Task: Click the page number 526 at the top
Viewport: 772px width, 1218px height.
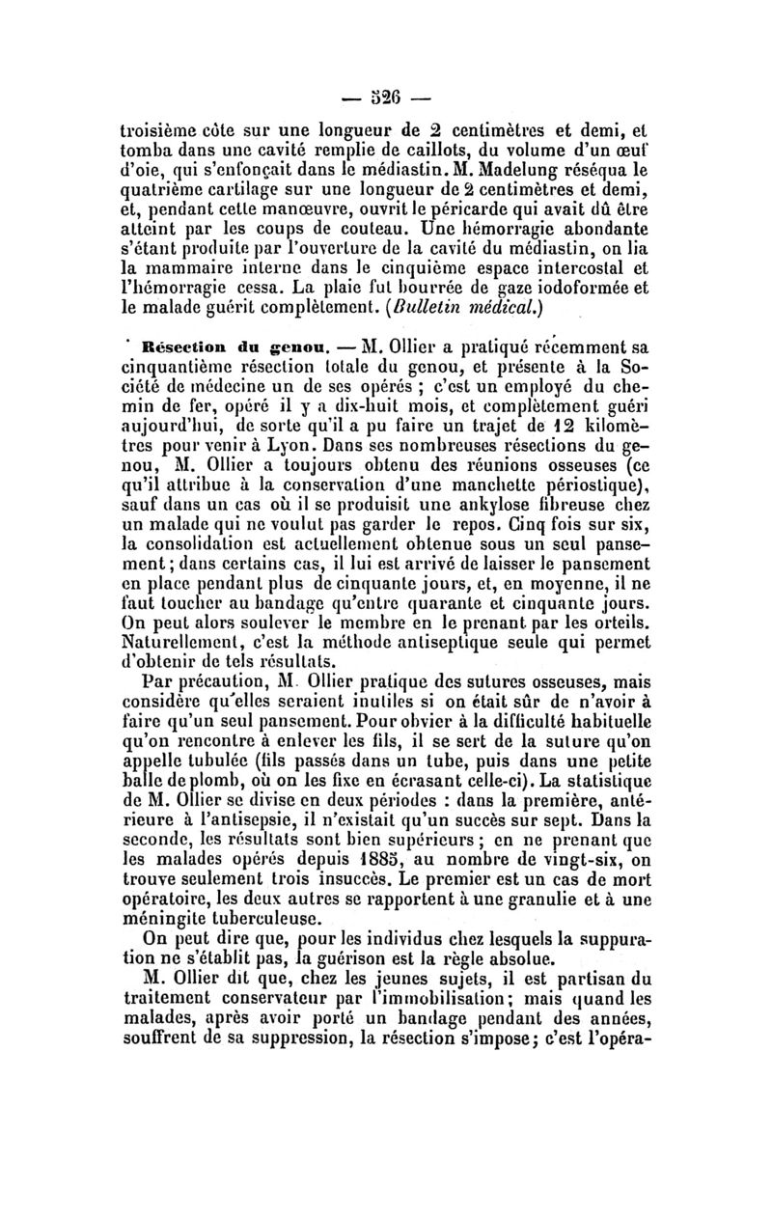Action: pyautogui.click(x=387, y=98)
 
